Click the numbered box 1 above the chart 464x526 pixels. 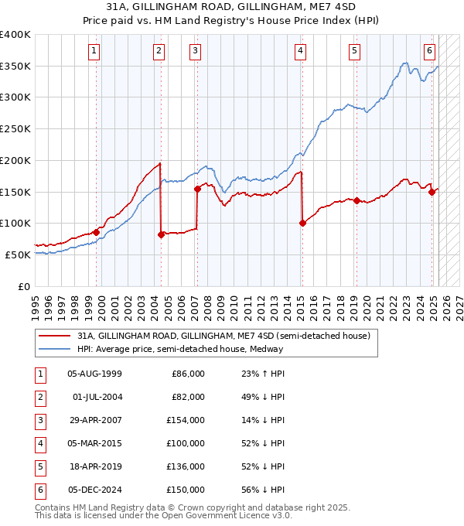click(94, 52)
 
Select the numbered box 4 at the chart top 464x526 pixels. click(299, 52)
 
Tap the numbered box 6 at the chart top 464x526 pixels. click(429, 52)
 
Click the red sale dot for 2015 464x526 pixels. click(302, 224)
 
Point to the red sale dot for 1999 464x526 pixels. click(97, 232)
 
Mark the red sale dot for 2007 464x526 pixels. click(197, 188)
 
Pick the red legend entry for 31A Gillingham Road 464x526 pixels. click(224, 336)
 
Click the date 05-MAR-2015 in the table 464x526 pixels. click(94, 444)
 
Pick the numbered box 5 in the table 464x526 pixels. click(39, 467)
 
